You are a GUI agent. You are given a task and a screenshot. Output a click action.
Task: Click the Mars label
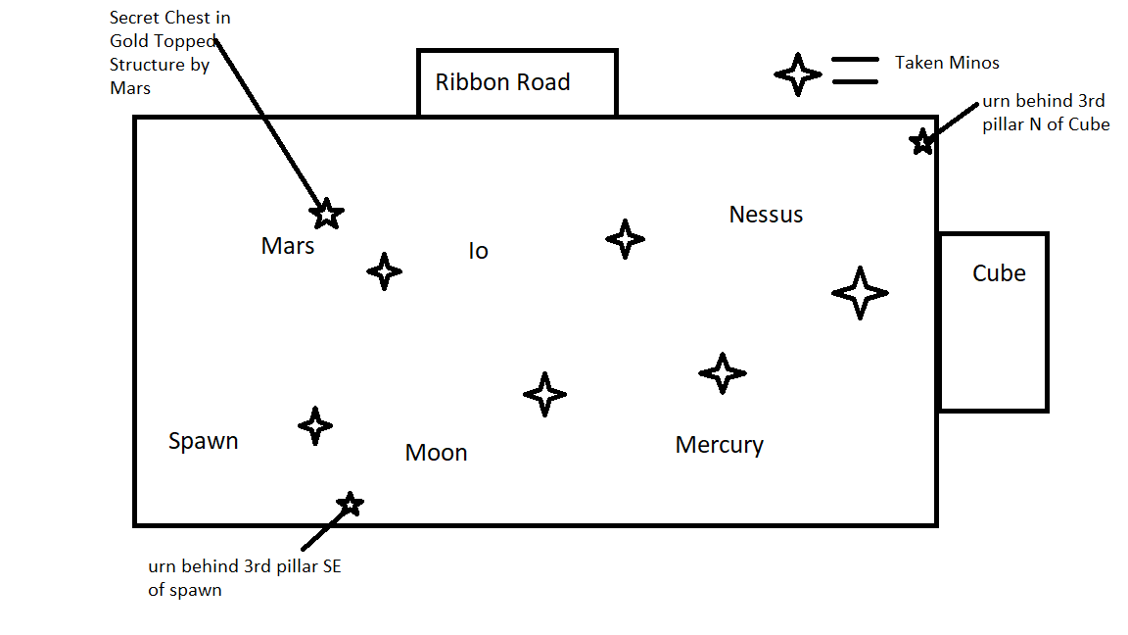point(287,246)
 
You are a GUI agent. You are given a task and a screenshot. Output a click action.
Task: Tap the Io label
point(478,252)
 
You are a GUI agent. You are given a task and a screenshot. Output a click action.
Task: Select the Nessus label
point(766,215)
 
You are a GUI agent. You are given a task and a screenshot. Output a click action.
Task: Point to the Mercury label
point(719,445)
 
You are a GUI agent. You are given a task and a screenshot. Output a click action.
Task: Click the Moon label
point(436,453)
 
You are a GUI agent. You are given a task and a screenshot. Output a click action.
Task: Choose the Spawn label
point(203,441)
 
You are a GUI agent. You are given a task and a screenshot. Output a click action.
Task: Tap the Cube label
point(999,273)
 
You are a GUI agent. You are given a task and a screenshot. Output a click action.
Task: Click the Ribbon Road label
point(502,82)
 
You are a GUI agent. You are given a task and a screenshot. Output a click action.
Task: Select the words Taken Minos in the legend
point(947,63)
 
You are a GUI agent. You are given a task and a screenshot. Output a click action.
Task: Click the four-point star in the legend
point(797,74)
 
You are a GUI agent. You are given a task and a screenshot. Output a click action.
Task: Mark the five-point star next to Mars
point(327,213)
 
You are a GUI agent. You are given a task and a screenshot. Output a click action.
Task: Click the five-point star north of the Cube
point(921,142)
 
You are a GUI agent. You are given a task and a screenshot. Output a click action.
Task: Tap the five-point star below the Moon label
point(350,505)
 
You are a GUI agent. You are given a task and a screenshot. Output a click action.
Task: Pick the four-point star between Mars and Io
point(384,270)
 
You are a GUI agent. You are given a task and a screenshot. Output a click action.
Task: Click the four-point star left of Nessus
point(625,239)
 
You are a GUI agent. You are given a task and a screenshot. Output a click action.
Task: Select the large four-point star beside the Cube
point(859,292)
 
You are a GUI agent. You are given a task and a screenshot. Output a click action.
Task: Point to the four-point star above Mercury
point(722,373)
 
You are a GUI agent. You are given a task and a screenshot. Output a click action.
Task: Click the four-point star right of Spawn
point(314,426)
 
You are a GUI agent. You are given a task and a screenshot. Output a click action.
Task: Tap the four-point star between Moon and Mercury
point(544,394)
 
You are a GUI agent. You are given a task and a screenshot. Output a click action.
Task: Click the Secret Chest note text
point(170,53)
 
